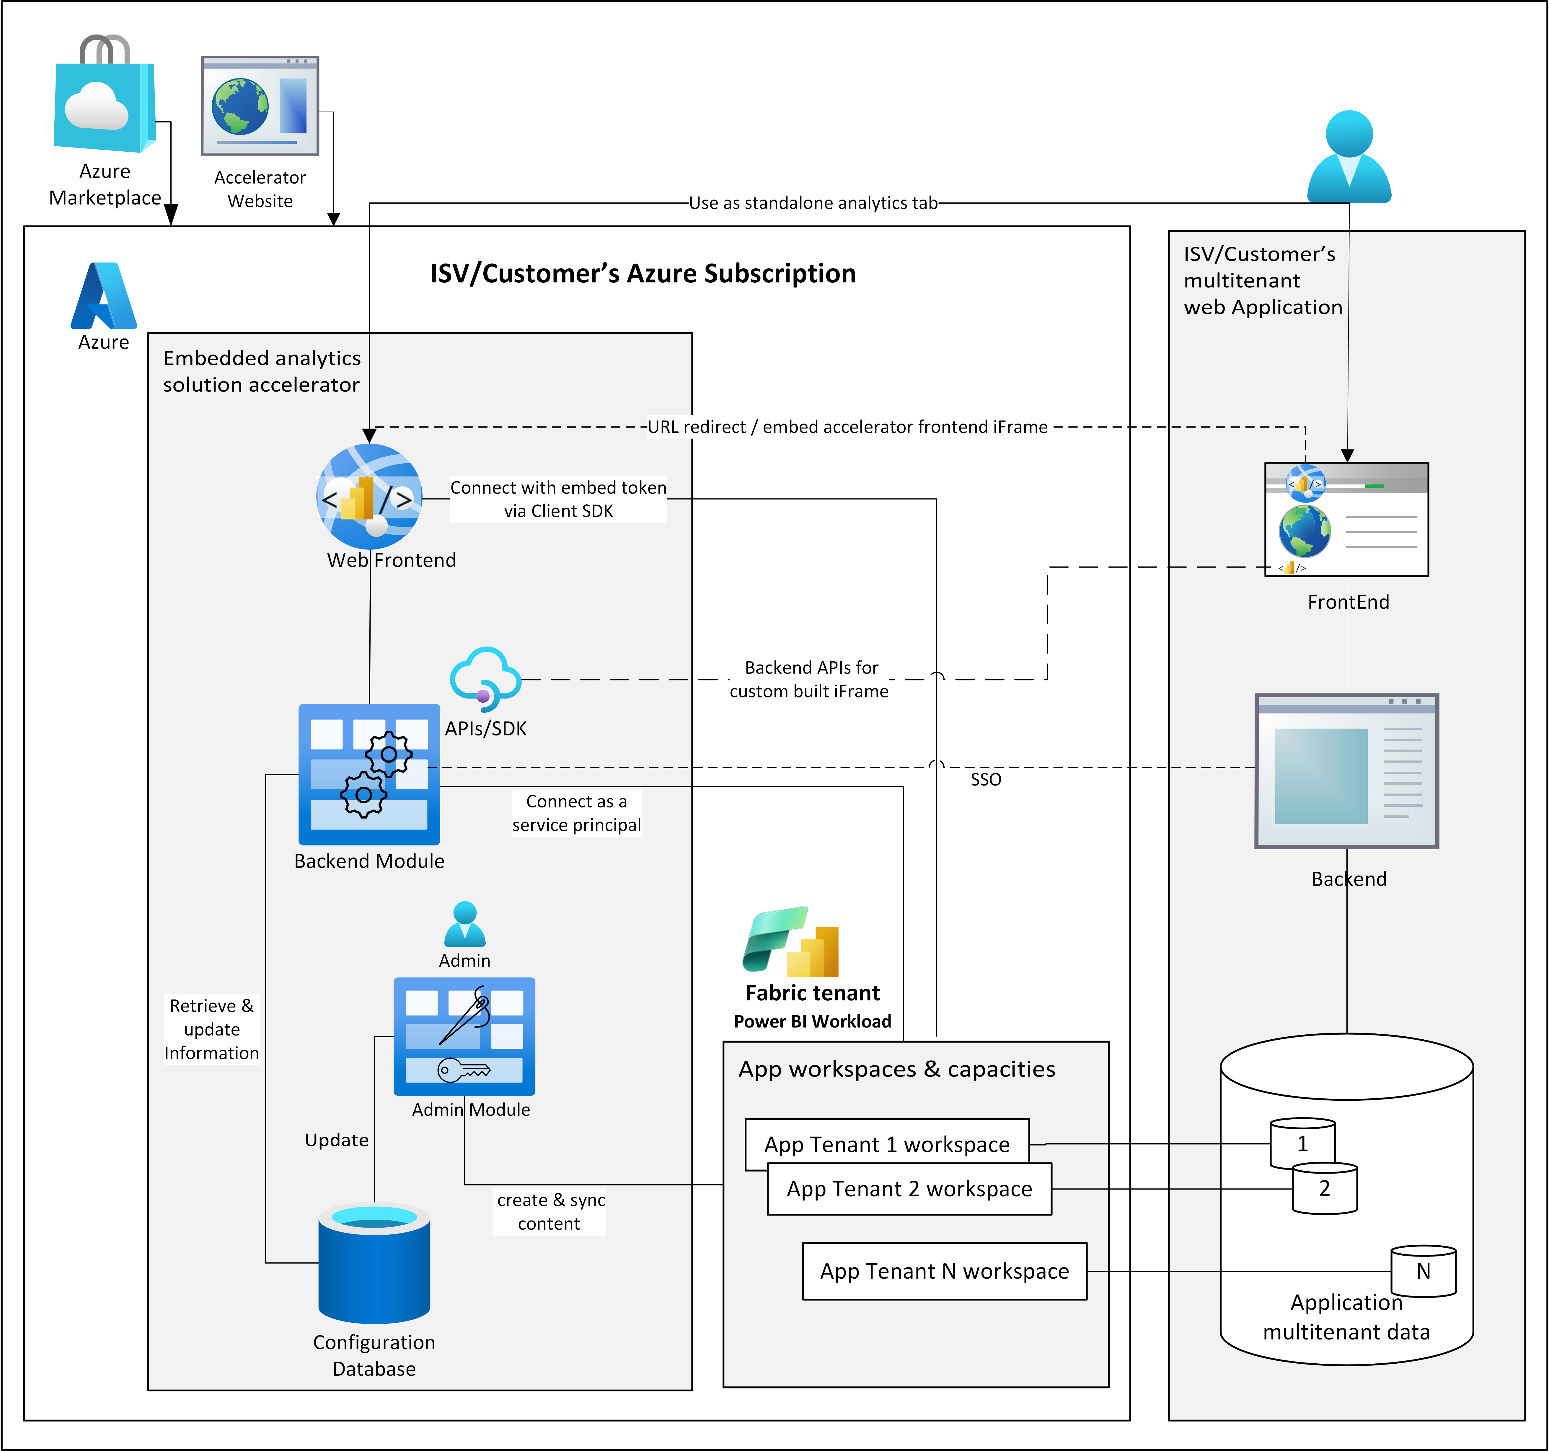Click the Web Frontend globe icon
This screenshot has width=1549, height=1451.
[x=369, y=496]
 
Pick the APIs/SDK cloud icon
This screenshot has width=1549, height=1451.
[x=485, y=678]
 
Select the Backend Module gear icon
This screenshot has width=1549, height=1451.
[x=369, y=774]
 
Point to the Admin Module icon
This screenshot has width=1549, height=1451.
[x=464, y=1036]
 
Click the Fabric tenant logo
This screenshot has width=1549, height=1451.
[x=791, y=943]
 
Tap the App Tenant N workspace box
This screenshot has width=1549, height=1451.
[x=944, y=1271]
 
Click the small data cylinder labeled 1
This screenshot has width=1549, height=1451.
[x=1302, y=1143]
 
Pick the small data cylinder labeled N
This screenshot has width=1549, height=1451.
[x=1423, y=1271]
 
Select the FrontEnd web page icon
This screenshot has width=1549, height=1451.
[x=1346, y=519]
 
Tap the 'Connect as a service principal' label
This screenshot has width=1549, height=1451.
[x=577, y=813]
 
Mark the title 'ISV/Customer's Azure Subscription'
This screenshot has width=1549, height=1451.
[x=643, y=273]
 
